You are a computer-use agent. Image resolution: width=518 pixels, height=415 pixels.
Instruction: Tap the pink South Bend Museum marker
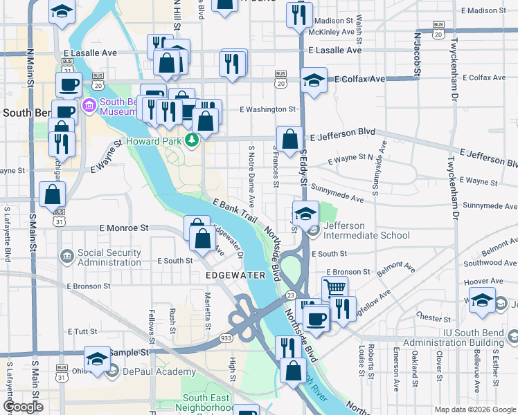[x=89, y=107]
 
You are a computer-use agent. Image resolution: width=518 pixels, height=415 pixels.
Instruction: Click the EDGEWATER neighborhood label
[x=236, y=275]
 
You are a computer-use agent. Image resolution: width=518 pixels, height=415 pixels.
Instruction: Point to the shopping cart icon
[x=334, y=286]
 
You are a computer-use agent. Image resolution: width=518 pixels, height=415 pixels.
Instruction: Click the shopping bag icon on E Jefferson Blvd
[x=289, y=137]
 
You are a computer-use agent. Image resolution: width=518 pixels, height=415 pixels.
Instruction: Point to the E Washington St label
[x=267, y=109]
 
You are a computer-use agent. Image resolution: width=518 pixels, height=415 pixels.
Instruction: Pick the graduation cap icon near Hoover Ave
[x=483, y=301]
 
